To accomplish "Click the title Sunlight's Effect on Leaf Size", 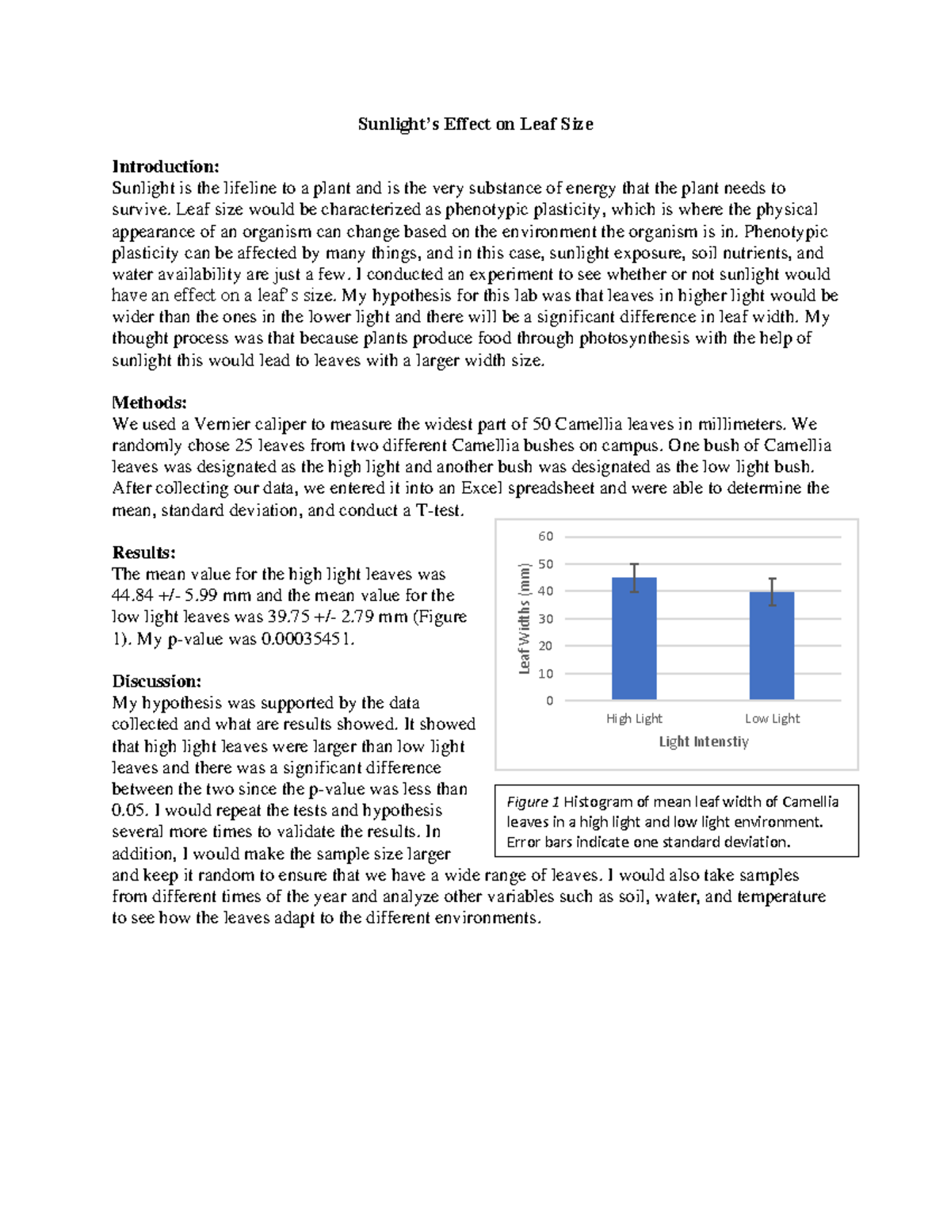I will point(475,124).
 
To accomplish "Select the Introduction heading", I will point(165,166).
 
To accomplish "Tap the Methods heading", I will point(149,403).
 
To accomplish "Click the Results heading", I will point(143,552).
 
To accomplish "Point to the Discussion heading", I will point(156,681).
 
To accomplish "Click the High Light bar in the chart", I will point(634,642).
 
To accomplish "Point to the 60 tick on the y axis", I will point(546,537).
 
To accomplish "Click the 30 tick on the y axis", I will point(546,619).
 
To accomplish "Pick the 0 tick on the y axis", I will point(549,701).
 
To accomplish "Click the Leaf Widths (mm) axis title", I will point(524,619).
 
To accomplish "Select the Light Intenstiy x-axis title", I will point(704,742).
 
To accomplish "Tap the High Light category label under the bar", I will point(634,719).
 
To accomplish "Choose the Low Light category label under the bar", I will point(772,719).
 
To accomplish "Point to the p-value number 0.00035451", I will point(306,639).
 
